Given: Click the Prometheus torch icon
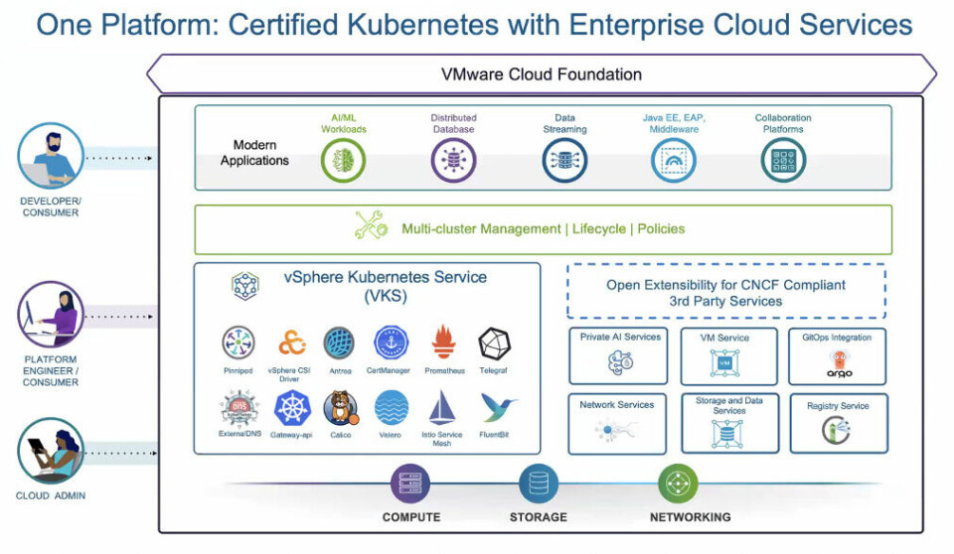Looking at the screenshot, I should click(444, 344).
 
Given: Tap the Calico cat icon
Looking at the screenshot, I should click(340, 408).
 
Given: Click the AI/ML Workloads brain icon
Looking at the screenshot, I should click(343, 160).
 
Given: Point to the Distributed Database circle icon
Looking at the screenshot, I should click(453, 160).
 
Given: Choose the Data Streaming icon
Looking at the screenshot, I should click(564, 160).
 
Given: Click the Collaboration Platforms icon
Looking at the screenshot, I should click(783, 160).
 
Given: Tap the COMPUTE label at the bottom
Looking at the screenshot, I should click(410, 517).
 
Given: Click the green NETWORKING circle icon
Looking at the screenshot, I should click(678, 484).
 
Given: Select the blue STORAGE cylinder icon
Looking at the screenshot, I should click(539, 484).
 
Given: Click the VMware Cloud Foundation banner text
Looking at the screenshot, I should click(542, 74).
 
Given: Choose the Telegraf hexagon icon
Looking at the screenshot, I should click(495, 344).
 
